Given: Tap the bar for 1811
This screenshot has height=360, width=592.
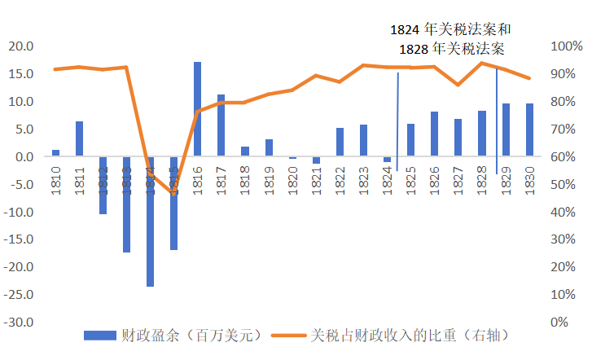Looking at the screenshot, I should [79, 138].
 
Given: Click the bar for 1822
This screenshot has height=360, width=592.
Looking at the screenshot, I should [340, 142].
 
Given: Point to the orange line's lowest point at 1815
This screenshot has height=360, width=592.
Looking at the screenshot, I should [173, 193].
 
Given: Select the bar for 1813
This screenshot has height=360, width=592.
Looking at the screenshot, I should [126, 204].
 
